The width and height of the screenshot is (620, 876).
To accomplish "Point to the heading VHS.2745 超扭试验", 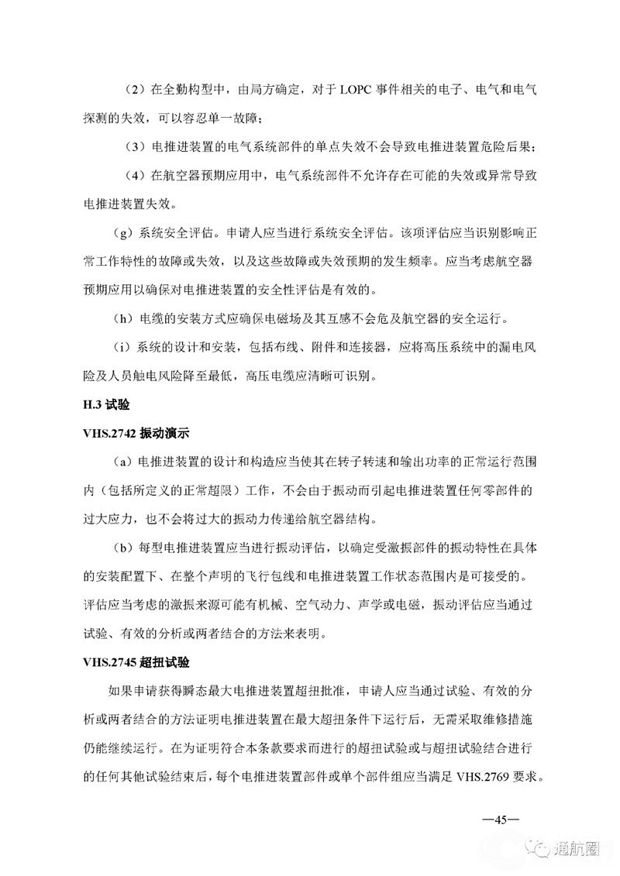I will [x=136, y=663].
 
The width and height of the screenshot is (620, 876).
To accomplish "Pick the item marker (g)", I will [x=122, y=233].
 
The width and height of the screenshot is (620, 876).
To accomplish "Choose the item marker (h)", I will [x=122, y=319].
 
